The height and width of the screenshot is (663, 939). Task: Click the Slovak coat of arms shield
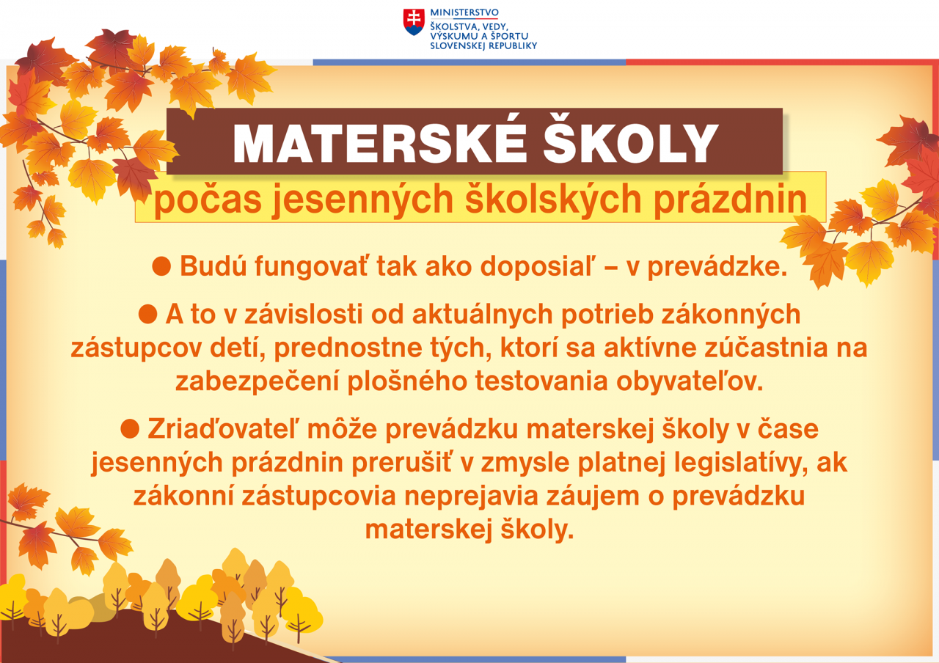coord(414,22)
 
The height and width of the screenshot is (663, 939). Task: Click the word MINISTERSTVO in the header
coord(464,12)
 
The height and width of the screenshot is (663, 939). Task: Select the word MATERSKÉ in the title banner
coord(379,143)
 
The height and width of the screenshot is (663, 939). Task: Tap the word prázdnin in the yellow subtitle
coord(730,200)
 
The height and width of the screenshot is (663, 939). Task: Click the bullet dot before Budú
coord(161,266)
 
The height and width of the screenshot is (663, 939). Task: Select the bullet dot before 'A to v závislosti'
coord(147,314)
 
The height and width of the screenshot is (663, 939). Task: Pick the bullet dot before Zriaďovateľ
coord(130,429)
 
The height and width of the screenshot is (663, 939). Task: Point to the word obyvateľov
coord(690,382)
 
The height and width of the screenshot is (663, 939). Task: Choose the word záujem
coord(593,497)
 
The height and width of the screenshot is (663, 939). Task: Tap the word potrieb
coord(607,315)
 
